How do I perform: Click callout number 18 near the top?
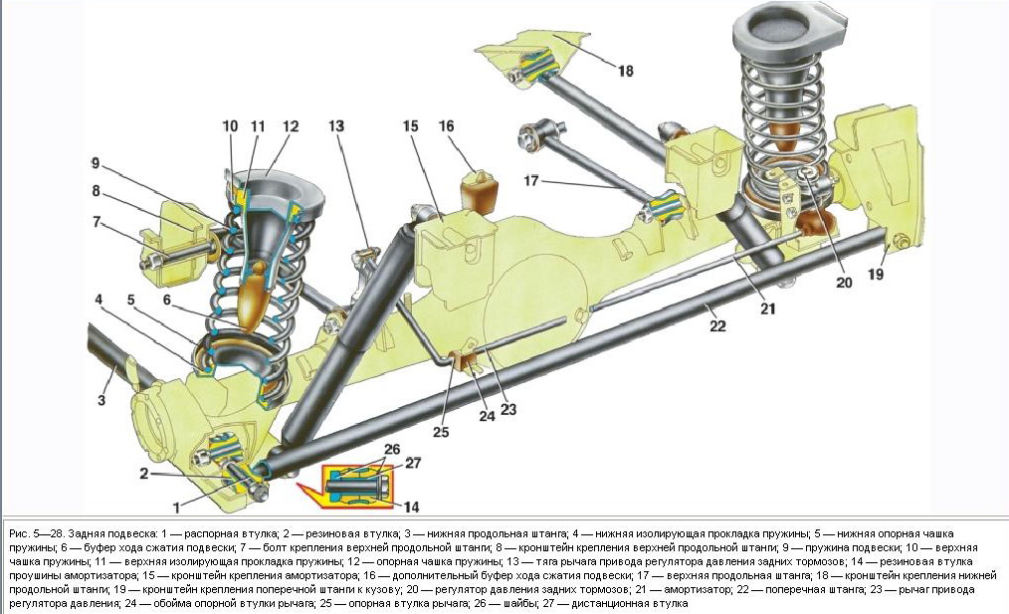pos(624,72)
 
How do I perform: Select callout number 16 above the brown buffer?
pos(446,126)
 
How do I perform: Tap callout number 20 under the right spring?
pos(844,282)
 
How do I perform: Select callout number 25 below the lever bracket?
pos(440,432)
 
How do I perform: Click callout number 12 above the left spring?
pos(291,126)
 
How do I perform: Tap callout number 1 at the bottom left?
pos(176,507)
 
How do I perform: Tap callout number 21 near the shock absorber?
pos(767,308)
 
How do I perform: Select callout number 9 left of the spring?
pos(96,164)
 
